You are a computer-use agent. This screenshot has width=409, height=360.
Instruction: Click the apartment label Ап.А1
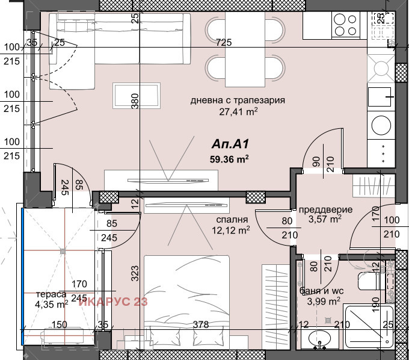[230, 144]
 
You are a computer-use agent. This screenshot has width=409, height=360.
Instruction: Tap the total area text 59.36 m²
[229, 159]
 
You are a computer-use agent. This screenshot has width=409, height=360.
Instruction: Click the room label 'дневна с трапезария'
[238, 101]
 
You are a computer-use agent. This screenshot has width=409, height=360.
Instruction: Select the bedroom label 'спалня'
[232, 220]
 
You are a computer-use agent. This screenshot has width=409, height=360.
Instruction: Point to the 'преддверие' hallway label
[325, 209]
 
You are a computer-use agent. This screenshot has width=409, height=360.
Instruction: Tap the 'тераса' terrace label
[51, 294]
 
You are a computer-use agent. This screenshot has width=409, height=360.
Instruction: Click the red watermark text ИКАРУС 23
[113, 302]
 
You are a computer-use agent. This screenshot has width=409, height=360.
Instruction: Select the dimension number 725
[224, 42]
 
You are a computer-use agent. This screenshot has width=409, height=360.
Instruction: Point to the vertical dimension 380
[135, 101]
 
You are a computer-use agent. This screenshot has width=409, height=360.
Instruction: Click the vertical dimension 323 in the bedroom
[135, 273]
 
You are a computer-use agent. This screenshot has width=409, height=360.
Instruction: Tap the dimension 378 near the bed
[201, 324]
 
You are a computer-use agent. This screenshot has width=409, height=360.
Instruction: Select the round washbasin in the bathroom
[319, 338]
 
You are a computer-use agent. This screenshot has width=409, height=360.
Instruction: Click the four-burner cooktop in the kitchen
[346, 25]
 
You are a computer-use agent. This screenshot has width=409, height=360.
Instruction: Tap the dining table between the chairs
[245, 49]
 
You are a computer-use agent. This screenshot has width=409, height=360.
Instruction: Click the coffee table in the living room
[137, 96]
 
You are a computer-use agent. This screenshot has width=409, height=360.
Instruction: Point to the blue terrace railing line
[23, 276]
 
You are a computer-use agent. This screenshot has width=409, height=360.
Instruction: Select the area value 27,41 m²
[238, 112]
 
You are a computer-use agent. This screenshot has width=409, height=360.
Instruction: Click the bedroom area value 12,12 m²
[231, 230]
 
